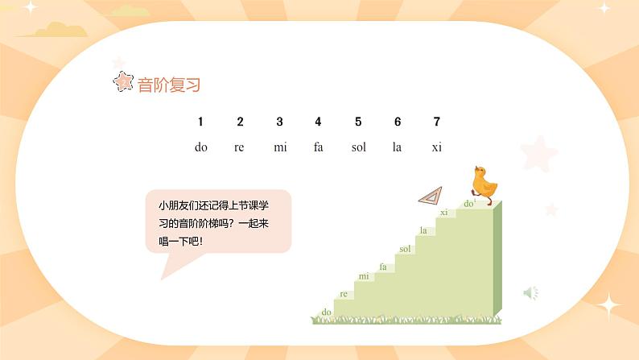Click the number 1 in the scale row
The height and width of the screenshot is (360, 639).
200,122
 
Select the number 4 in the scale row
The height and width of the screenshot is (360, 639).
318,122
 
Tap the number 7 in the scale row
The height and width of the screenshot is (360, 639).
437,122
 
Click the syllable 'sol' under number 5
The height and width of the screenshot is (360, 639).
359,147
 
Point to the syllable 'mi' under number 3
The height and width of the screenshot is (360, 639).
280,147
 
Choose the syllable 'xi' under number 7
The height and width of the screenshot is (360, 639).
437,147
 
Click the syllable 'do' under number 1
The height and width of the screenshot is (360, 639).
201,147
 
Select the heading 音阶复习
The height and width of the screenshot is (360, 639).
169,85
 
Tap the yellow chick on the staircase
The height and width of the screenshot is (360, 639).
484,183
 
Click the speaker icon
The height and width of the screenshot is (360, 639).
530,293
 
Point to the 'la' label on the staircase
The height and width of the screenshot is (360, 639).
423,231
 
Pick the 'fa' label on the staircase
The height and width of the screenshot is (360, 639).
383,267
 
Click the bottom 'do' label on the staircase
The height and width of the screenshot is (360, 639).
327,312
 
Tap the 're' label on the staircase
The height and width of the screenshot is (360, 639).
344,294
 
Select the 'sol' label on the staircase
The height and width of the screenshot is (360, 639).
405,249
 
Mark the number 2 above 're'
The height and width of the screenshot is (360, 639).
240,122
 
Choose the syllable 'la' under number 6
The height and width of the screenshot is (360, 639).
397,147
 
